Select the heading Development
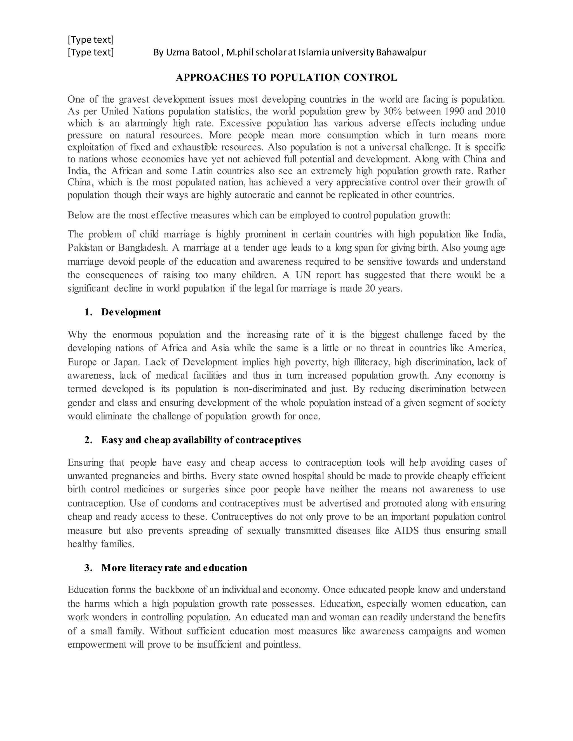coord(131,312)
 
